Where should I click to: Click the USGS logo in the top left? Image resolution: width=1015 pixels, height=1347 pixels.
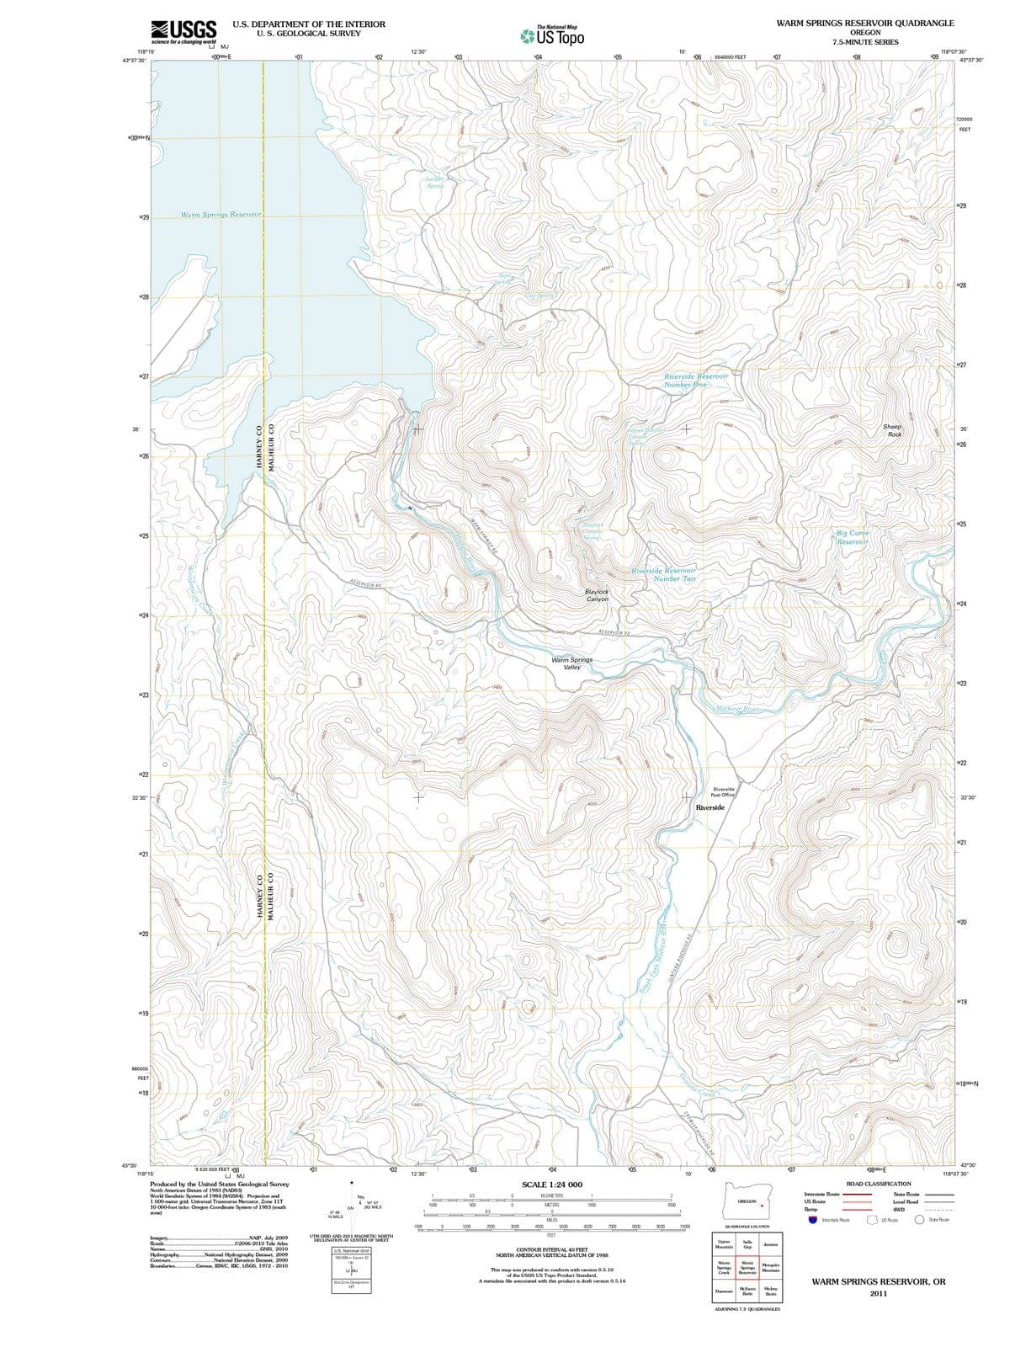pos(183,31)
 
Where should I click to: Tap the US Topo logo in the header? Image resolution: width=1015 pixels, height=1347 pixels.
pos(553,35)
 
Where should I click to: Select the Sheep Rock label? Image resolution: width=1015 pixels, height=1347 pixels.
pos(893,430)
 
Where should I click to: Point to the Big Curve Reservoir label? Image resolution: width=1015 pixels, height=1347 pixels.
pos(853,537)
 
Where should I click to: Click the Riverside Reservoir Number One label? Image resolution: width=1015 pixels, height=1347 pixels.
pos(695,381)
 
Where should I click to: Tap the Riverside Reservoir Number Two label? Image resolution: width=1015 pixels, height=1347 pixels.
pos(664,574)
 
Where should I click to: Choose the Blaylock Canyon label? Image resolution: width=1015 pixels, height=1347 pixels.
pos(597,595)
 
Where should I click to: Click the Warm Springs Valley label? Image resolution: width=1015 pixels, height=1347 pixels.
pos(571,663)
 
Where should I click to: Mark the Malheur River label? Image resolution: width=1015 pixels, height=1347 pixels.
pos(737,709)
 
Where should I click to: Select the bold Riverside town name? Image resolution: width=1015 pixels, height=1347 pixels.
pos(710,807)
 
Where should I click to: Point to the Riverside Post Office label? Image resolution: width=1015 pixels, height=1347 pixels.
pos(723,792)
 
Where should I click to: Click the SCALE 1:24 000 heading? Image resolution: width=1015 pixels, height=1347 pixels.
pos(552,1185)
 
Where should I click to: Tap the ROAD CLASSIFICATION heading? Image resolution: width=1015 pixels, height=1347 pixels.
pos(879,1184)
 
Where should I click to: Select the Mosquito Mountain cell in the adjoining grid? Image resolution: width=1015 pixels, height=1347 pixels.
pos(770,1267)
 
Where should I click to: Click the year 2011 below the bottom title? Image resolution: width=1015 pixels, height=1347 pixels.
pos(879,1293)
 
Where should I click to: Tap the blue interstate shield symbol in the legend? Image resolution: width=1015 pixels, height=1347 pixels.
pos(812,1220)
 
